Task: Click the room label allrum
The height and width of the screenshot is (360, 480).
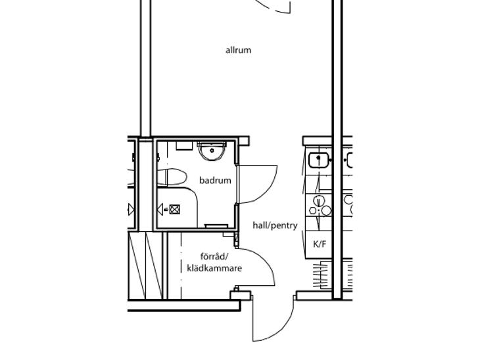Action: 238,50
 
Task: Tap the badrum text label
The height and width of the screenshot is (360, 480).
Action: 215,180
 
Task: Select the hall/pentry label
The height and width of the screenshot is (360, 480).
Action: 275,226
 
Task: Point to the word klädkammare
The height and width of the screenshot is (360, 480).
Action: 214,268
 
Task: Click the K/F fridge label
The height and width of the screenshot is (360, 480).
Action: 320,244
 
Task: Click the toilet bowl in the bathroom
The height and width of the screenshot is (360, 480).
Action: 172,177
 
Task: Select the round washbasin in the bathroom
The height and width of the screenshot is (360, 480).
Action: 212,151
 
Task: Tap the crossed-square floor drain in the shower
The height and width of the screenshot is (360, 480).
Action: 174,210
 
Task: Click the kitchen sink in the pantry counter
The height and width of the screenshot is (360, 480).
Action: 319,160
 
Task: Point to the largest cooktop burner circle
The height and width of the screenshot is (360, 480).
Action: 326,210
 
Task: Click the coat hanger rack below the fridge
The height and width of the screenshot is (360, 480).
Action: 322,274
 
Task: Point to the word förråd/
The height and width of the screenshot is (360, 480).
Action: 214,256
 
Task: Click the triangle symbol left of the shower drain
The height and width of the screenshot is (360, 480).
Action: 160,210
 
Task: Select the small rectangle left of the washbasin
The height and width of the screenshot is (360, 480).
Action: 184,145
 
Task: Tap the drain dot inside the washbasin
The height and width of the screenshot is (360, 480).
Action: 212,150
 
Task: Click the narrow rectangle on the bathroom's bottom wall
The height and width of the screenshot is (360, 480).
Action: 216,226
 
